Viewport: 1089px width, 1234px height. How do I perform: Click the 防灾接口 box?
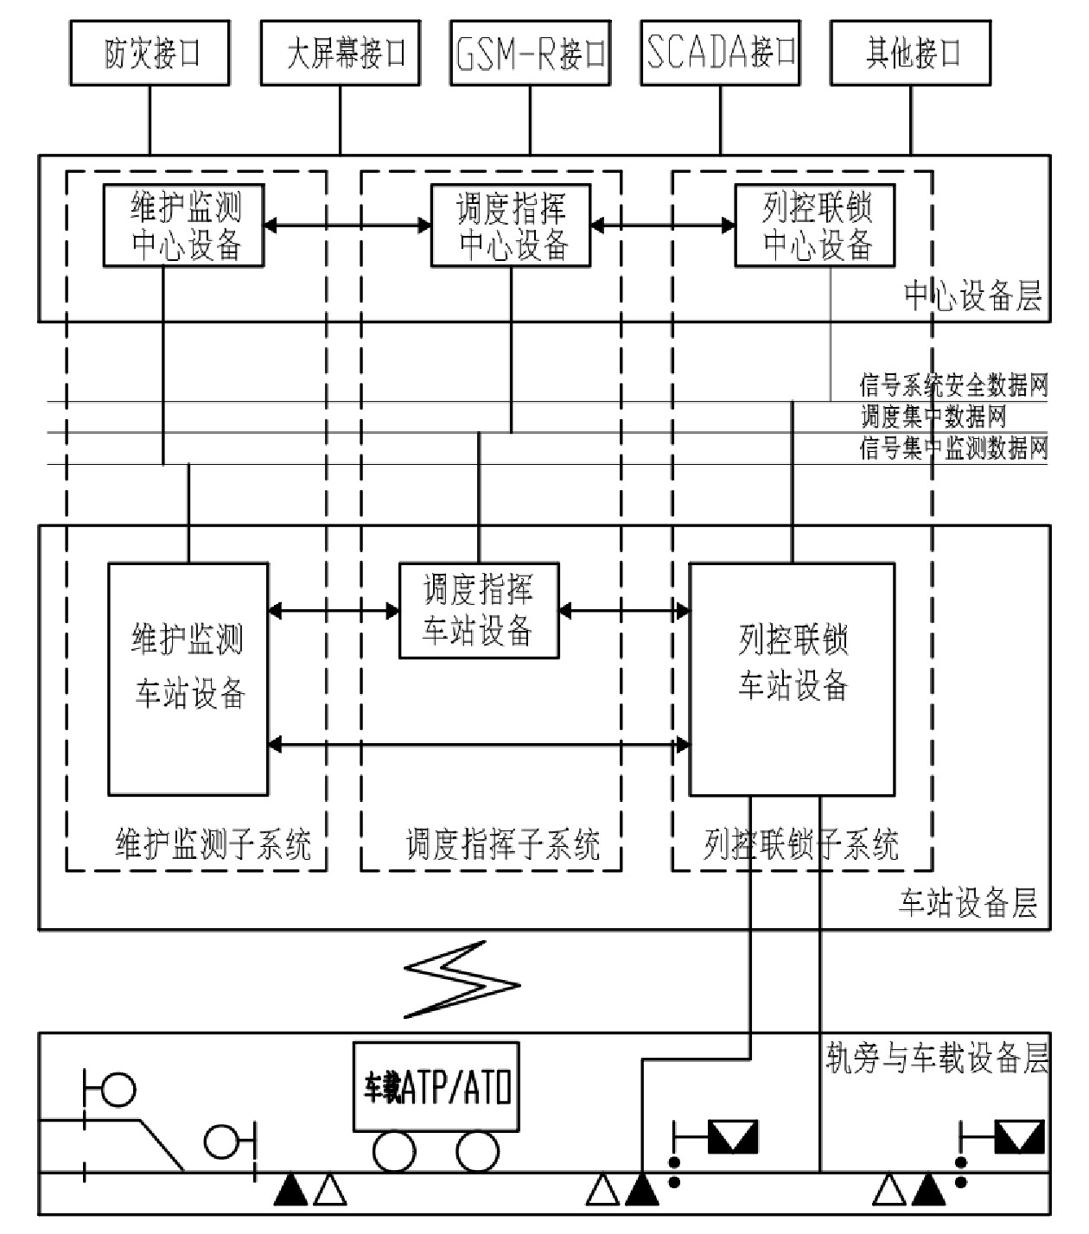pos(150,54)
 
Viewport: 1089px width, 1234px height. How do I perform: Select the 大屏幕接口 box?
pos(341,54)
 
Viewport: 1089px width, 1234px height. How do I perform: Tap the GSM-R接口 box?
pos(530,54)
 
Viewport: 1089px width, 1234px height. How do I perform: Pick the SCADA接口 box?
pos(720,54)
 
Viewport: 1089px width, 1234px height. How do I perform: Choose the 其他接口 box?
pos(910,54)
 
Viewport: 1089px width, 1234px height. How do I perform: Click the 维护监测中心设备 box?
pos(183,226)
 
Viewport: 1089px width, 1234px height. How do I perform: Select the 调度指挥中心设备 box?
pos(511,226)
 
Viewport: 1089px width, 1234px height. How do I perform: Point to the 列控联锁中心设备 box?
pos(814,226)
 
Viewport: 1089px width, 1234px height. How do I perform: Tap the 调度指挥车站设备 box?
pos(478,611)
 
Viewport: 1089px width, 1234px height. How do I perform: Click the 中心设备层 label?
pos(972,296)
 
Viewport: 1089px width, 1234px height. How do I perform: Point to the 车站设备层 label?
pos(968,904)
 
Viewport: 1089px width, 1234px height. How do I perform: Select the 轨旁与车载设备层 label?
pos(937,1059)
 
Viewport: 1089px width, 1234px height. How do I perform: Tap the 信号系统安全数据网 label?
pos(953,385)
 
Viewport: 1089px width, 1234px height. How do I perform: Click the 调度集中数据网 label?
pos(933,417)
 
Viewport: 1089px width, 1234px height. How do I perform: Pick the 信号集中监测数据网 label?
pos(953,448)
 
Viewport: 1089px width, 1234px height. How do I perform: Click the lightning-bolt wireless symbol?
pos(462,980)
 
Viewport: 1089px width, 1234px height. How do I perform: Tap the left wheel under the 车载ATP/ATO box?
pos(394,1152)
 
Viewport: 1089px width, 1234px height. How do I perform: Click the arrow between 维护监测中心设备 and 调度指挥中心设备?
pos(347,226)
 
